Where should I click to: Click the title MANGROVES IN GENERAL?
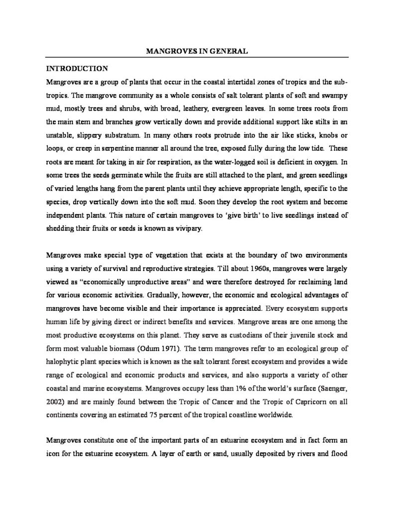tap(197, 51)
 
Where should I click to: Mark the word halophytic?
tap(64, 361)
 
